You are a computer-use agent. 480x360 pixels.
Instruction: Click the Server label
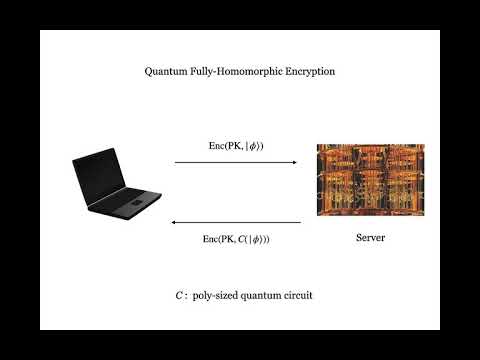[370, 238]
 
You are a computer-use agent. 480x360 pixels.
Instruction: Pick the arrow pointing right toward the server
[236, 162]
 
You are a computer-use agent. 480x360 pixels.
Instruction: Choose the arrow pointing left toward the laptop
[238, 222]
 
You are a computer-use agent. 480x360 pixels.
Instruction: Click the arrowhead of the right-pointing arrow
[296, 162]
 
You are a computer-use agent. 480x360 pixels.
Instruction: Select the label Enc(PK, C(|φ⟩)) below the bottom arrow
[236, 239]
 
